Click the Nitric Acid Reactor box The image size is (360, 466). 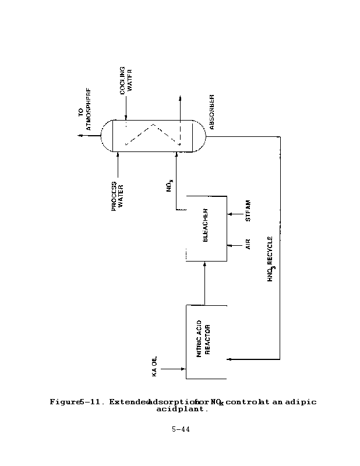[x=206, y=341]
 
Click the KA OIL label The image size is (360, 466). [x=156, y=365]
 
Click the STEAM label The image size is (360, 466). [x=249, y=211]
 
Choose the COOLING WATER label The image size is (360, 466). [x=126, y=83]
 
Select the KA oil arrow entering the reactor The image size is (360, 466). [x=175, y=368]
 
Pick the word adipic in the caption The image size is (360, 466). [x=303, y=402]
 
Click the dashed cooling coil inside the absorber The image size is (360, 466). [x=152, y=135]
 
